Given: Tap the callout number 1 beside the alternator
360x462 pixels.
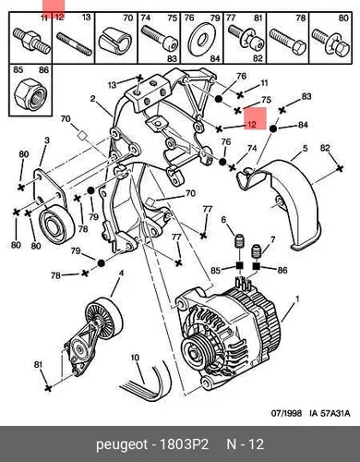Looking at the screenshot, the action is (297, 299).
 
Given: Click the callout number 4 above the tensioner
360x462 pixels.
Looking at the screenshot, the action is (121, 274).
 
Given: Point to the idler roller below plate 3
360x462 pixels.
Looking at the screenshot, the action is (57, 224).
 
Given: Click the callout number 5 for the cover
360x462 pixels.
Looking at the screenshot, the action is (305, 149).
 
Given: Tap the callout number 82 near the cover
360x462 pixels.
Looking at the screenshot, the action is (325, 148).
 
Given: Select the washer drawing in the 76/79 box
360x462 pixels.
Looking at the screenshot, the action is (201, 40).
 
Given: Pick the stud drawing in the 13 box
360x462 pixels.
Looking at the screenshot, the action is (74, 44).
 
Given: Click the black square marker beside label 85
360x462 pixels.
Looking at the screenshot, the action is (240, 265).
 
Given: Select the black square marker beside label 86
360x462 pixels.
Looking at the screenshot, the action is (257, 265).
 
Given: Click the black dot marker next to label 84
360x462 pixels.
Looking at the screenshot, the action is (272, 128).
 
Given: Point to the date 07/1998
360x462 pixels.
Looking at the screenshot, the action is (286, 413).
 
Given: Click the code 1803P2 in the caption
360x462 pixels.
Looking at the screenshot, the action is (185, 444).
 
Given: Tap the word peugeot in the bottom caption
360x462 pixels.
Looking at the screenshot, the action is (122, 445).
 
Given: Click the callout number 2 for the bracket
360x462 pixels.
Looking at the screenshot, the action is (92, 99).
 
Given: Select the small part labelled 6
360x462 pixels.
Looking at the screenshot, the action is (239, 241).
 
